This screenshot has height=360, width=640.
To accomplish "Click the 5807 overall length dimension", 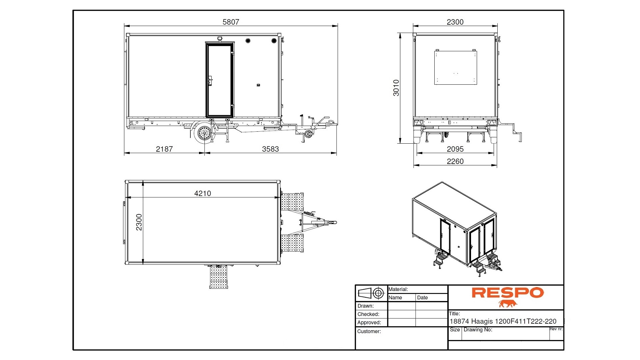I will [231, 22].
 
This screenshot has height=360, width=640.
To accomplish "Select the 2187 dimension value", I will [164, 149].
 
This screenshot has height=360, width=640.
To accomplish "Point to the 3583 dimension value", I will [270, 149].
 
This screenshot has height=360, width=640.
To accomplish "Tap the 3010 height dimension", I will [396, 88].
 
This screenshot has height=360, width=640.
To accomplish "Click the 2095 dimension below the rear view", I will [455, 149].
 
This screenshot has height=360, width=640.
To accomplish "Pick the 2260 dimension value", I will [455, 161].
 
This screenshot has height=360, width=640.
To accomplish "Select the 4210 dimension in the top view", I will [203, 193].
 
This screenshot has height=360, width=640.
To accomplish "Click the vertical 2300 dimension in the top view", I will [139, 222].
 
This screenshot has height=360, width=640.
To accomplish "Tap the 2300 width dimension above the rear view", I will [455, 22].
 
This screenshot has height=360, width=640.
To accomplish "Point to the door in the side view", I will [220, 80].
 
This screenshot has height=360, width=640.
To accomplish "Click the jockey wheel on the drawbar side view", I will [308, 134].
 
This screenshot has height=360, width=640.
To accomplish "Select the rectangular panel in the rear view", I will [455, 68].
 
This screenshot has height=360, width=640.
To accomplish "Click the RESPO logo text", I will [507, 293].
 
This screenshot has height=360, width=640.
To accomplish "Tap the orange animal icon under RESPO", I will [507, 304].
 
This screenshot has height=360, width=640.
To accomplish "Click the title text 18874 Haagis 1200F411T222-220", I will [503, 321].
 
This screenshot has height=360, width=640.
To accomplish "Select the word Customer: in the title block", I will [369, 331].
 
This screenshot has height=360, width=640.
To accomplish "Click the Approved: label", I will [369, 322].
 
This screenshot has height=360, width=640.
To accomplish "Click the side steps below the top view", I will [219, 277].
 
